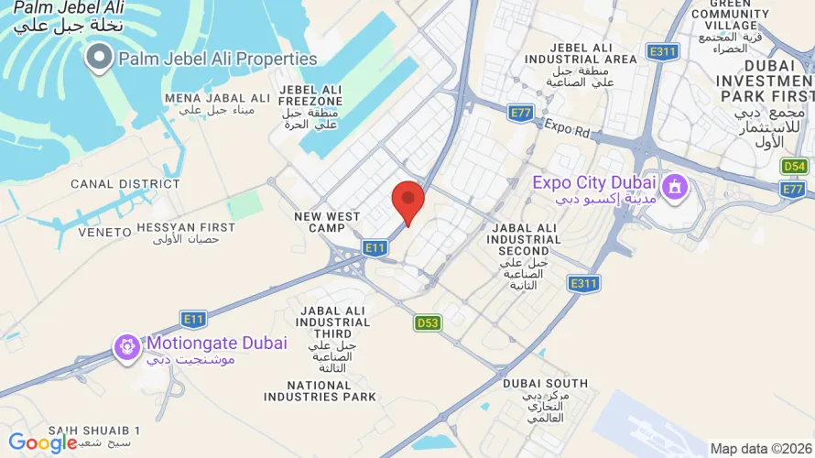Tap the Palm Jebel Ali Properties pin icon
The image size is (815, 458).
[x=98, y=60]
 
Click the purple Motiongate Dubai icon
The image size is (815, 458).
[x=127, y=346]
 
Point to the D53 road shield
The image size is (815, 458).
[x=428, y=322]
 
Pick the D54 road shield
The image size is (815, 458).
[x=794, y=166]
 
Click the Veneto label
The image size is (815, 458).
[x=104, y=233]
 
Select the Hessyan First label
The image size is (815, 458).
[x=186, y=226]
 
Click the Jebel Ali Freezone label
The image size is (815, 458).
[x=311, y=95]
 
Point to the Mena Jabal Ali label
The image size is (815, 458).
[x=217, y=98]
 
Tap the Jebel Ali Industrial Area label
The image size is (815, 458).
[x=581, y=53]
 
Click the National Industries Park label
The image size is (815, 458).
[x=320, y=391]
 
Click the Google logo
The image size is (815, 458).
[x=42, y=443]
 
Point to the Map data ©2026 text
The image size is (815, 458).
[x=759, y=449]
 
